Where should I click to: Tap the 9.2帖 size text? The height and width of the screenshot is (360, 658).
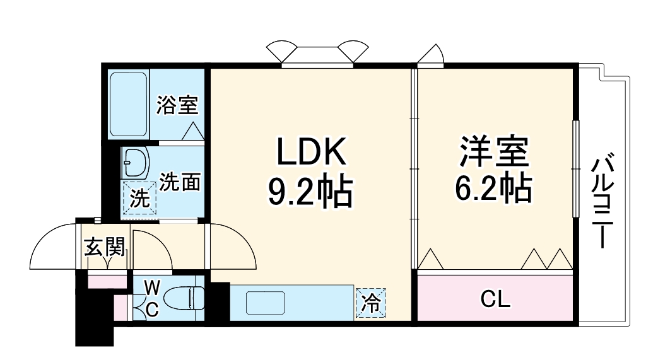[310, 192]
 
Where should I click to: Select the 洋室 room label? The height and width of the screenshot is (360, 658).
[493, 151]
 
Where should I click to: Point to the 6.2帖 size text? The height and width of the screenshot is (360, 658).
[493, 187]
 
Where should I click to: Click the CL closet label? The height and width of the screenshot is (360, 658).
[495, 299]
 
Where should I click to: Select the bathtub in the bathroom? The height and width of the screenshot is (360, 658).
[128, 105]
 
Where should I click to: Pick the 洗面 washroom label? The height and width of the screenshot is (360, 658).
[180, 182]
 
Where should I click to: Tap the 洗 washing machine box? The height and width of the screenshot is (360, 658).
[139, 199]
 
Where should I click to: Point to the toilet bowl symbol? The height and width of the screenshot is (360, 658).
[187, 297]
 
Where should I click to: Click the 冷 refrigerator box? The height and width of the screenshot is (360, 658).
[371, 303]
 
